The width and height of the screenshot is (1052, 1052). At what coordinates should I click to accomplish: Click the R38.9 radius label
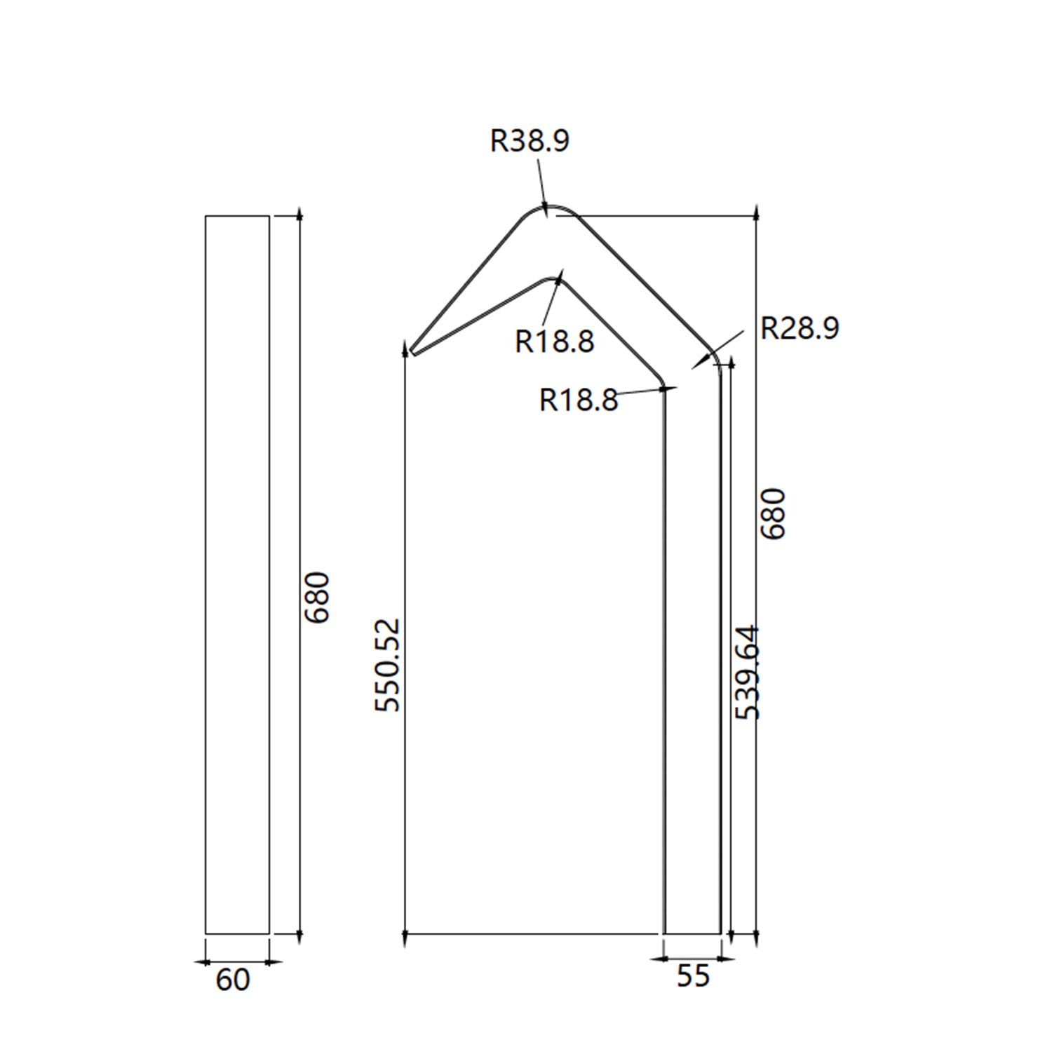(530, 140)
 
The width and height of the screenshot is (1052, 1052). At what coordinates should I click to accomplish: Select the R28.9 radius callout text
(800, 328)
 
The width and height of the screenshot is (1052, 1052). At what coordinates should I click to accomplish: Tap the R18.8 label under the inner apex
(554, 342)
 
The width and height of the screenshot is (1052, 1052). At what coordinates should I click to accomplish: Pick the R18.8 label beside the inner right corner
(579, 400)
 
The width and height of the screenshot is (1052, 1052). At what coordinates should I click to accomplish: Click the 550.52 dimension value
(388, 665)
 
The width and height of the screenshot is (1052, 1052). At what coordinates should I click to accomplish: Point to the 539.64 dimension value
(748, 672)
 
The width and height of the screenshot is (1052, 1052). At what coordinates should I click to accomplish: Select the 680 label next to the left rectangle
(318, 597)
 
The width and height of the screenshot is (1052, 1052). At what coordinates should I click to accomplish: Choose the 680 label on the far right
(774, 513)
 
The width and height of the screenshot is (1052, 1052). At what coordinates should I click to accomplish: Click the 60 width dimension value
(232, 980)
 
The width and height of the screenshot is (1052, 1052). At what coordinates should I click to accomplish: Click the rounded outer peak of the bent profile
(550, 208)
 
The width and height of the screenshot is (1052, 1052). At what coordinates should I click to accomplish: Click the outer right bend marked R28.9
(715, 358)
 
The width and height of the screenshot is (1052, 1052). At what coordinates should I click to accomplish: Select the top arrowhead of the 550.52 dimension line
(405, 346)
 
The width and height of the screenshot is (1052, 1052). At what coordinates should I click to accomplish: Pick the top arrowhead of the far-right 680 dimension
(756, 211)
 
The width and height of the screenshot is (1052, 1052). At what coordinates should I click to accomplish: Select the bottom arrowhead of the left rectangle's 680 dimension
(299, 936)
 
